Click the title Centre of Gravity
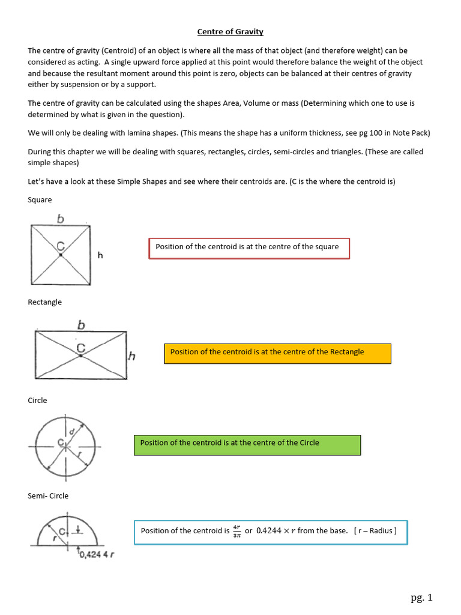[x=230, y=32]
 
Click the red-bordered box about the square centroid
[x=249, y=248]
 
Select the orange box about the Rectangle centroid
[x=277, y=353]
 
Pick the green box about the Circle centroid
[x=246, y=444]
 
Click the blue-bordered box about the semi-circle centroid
[x=271, y=532]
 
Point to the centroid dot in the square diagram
[x=61, y=255]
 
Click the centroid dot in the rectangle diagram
[x=81, y=356]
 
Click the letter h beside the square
[x=100, y=255]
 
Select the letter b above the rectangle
[x=81, y=325]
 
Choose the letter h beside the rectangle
[x=132, y=356]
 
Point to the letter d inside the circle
[x=72, y=432]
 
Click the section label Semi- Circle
[x=48, y=495]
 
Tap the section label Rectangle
[x=45, y=301]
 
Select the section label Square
[x=40, y=199]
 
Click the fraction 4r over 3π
[x=237, y=531]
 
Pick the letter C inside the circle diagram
[x=61, y=443]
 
